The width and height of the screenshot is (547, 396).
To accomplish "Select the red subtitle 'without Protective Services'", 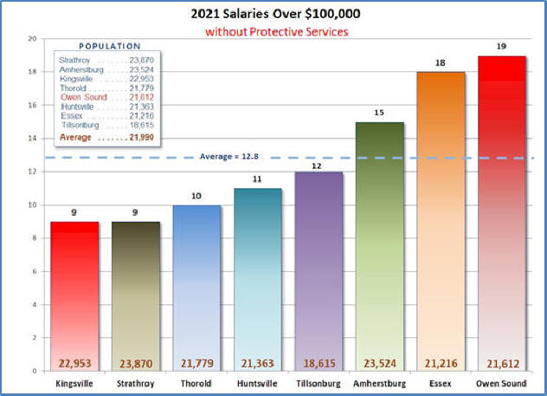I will [275, 31].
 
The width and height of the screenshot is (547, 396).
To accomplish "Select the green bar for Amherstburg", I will [378, 243].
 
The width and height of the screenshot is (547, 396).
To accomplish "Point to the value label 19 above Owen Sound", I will [500, 46].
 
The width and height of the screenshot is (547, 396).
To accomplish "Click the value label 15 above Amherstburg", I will [378, 112].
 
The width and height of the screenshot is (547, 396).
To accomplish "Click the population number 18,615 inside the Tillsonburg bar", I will [318, 363].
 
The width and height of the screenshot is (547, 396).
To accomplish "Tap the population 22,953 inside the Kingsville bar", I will [75, 363].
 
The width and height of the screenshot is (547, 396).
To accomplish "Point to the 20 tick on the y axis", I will [32, 39].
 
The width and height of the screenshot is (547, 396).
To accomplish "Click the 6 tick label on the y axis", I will [34, 271].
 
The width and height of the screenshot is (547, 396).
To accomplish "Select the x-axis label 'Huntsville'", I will [257, 381].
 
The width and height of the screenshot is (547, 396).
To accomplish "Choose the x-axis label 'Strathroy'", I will [136, 381].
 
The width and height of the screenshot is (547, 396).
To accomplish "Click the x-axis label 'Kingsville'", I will [75, 381].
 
